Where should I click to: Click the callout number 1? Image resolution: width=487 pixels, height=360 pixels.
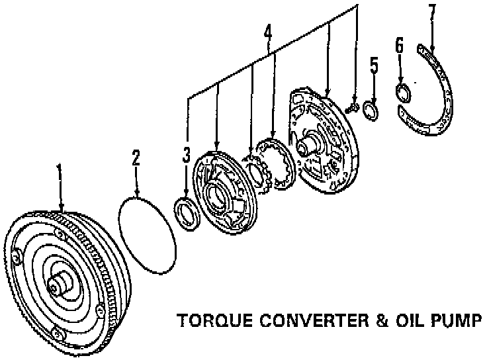(x=60, y=174)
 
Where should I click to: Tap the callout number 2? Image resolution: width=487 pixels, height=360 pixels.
(x=136, y=159)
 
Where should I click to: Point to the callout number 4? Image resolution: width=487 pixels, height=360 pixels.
(x=267, y=32)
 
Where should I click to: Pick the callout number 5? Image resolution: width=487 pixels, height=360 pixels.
(x=374, y=66)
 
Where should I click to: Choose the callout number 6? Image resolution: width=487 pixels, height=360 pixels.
(x=399, y=46)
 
